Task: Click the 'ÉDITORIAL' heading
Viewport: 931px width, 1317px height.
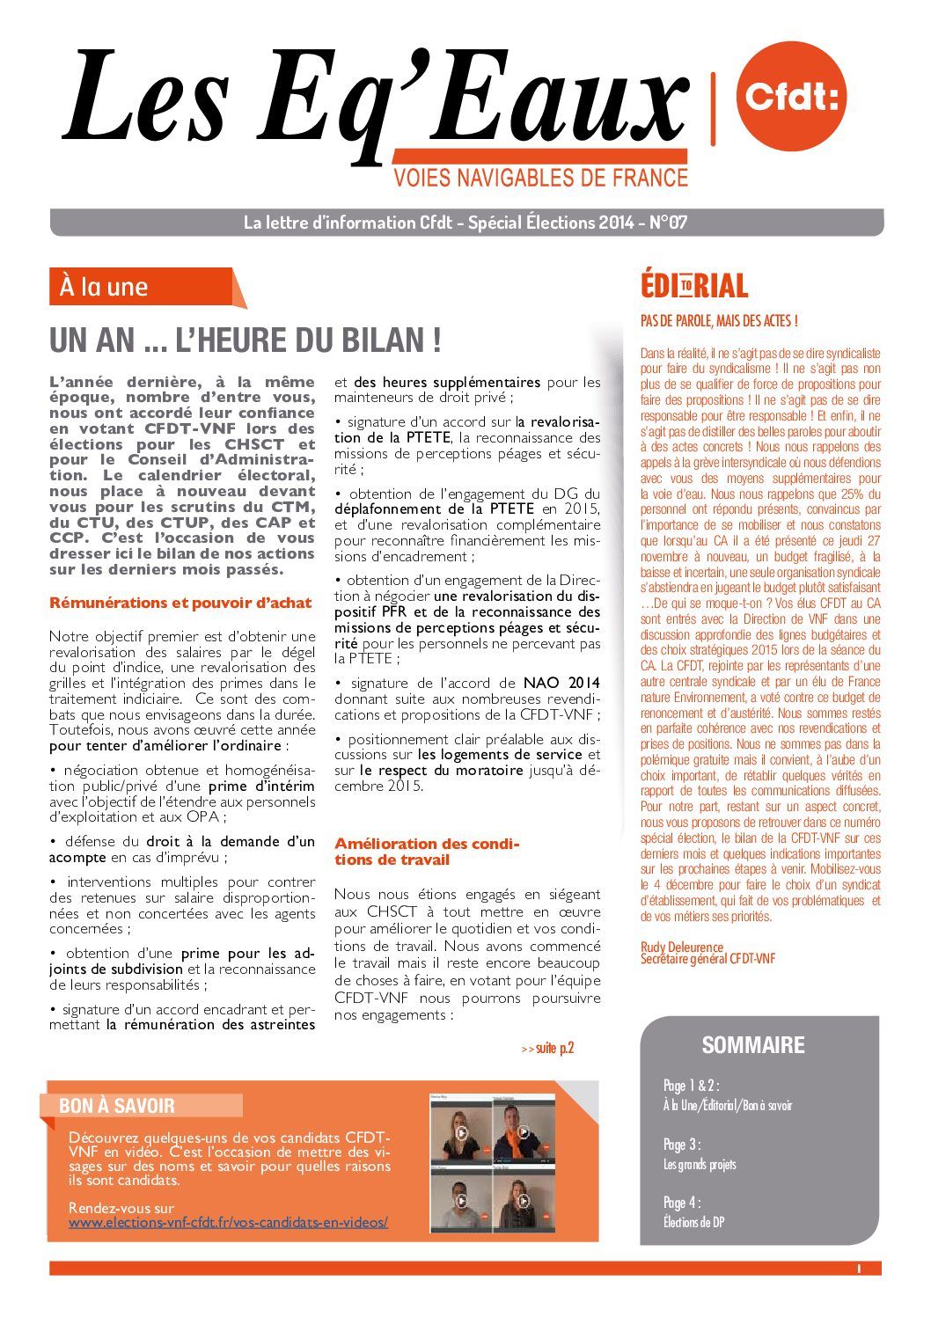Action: (x=694, y=286)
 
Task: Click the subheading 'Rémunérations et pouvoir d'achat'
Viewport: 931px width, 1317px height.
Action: (x=180, y=603)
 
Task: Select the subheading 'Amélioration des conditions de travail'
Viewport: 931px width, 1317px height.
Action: (x=426, y=852)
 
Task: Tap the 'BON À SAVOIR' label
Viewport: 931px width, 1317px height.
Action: (x=117, y=1106)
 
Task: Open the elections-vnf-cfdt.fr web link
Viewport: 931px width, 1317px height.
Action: (x=228, y=1223)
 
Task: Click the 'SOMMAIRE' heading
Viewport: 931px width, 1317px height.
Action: (x=753, y=1045)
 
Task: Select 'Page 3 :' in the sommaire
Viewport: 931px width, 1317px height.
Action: (x=683, y=1145)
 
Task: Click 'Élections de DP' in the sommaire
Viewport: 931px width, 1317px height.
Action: (x=694, y=1222)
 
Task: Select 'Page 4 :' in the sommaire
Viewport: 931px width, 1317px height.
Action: (x=683, y=1203)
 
